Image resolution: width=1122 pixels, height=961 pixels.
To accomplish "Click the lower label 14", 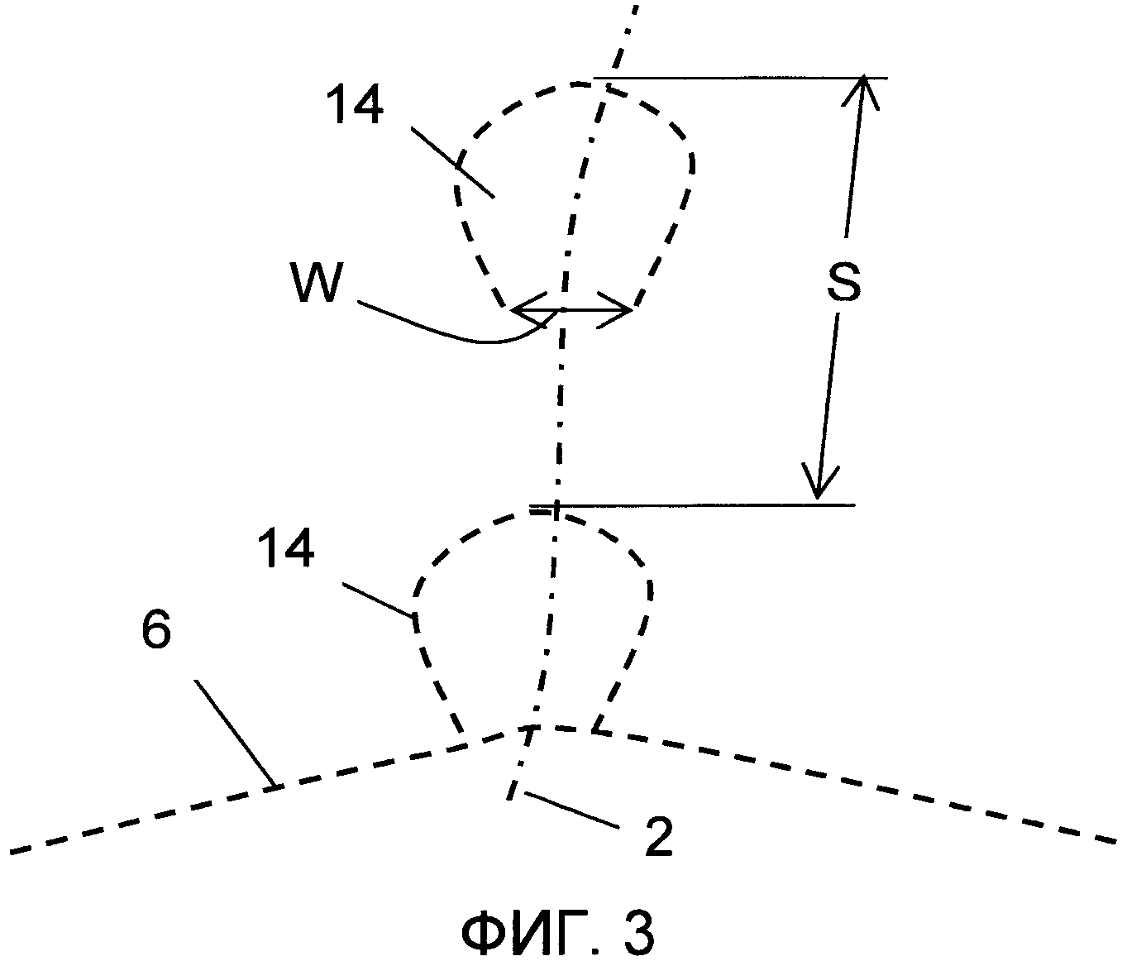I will click(285, 548).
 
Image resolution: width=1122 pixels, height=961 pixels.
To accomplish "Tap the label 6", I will click(155, 632).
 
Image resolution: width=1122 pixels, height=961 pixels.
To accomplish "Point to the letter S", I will click(843, 282).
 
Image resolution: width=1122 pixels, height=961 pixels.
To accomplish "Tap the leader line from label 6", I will click(236, 733).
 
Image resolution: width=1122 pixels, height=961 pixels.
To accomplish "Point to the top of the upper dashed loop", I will click(579, 84).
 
